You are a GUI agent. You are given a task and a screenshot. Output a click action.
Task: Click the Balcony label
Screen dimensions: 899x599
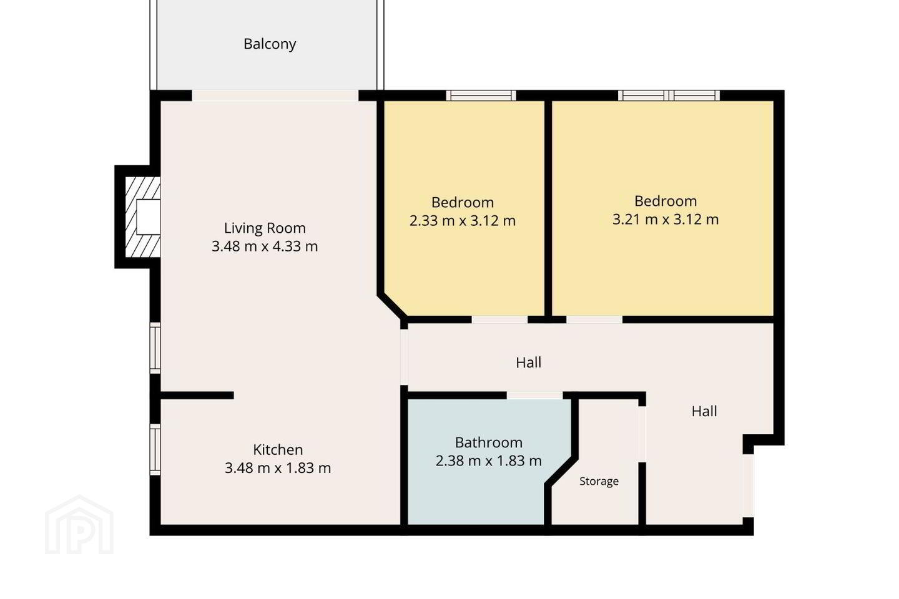(x=270, y=44)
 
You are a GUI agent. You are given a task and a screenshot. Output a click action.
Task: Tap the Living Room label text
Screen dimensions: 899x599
(x=265, y=228)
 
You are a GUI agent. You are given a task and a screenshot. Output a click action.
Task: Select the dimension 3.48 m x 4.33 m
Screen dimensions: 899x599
(x=265, y=246)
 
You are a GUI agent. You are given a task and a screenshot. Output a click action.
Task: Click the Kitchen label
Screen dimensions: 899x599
(x=278, y=449)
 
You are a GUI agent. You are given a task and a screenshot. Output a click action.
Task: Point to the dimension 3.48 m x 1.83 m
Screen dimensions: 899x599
(x=278, y=468)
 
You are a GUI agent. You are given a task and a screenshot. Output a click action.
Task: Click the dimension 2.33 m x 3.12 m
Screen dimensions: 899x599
(x=463, y=221)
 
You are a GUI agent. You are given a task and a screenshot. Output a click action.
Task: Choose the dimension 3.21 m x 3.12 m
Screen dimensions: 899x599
(x=666, y=219)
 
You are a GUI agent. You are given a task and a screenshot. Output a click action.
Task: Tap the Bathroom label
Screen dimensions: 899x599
(x=489, y=442)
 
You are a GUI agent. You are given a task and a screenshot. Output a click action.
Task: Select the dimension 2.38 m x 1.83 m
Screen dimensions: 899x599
(x=489, y=460)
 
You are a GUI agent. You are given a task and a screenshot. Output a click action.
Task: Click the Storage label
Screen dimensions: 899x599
(x=599, y=481)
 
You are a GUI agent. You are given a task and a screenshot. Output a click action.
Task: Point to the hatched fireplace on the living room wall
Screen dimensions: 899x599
(x=143, y=217)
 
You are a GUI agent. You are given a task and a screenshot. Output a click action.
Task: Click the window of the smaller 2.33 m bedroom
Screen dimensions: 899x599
(x=481, y=95)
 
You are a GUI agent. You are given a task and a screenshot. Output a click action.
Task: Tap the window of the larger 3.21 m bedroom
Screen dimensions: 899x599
(x=669, y=95)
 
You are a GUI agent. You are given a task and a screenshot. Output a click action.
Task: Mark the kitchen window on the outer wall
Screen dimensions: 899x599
(x=155, y=449)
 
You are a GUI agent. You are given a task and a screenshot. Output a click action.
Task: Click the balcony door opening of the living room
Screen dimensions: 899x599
(x=275, y=95)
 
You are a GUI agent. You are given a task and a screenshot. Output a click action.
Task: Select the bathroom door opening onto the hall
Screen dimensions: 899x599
(x=534, y=395)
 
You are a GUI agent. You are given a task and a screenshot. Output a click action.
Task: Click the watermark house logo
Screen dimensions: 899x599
(x=79, y=525)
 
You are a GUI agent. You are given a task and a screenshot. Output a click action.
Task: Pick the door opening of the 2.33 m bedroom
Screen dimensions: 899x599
(x=499, y=319)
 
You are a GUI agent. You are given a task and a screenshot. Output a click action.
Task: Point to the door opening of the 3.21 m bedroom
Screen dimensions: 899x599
(x=594, y=319)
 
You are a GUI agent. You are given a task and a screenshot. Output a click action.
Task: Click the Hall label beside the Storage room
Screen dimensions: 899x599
(x=704, y=411)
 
